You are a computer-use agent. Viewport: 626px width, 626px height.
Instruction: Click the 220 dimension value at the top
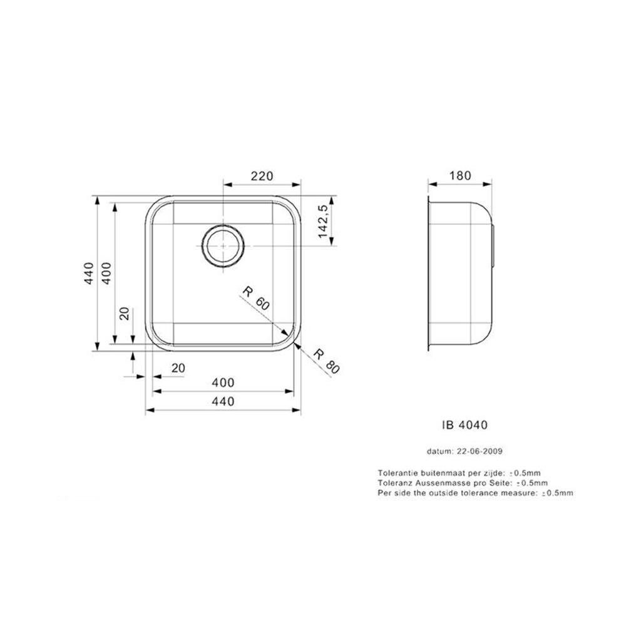262,176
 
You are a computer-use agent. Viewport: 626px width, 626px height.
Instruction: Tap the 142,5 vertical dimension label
323,221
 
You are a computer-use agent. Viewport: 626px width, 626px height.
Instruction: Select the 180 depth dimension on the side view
460,176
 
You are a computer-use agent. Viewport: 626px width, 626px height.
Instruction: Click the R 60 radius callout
256,298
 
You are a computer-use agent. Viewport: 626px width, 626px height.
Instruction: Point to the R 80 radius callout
326,361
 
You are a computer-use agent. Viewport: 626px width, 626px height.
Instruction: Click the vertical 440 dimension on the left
89,274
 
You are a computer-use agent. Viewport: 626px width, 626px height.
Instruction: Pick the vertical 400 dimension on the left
106,274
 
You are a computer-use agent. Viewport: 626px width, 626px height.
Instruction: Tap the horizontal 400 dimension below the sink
223,383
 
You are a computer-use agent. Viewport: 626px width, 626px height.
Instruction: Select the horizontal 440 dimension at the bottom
223,401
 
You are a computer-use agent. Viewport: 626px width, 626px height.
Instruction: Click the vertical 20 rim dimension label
125,314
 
